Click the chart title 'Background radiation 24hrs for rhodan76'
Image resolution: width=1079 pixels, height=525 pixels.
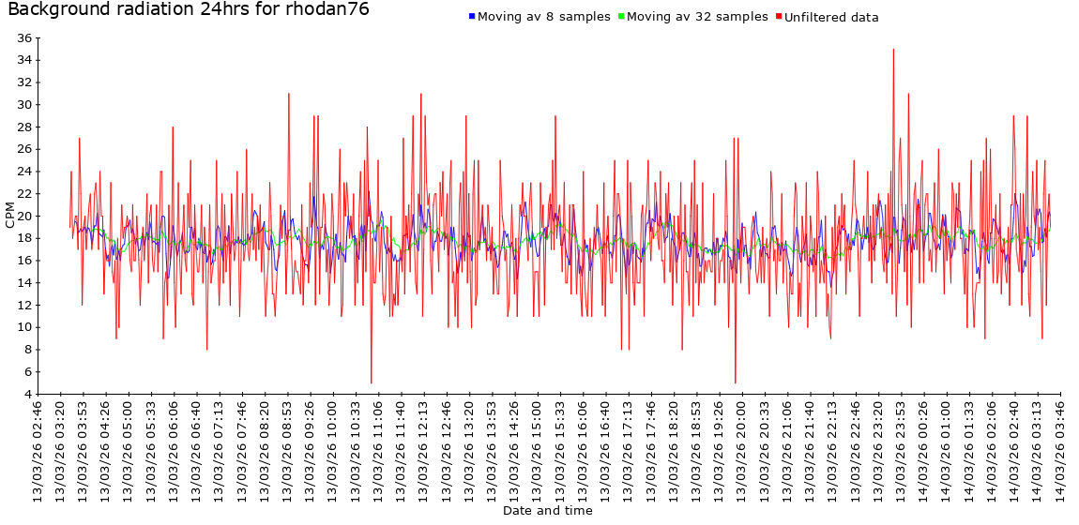[x=188, y=10]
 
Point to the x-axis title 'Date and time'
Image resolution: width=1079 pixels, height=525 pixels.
[x=547, y=511]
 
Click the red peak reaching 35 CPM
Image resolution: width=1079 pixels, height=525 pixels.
[x=893, y=50]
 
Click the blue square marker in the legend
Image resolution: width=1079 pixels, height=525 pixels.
[x=472, y=17]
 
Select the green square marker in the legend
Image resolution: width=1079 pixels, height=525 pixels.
[x=621, y=17]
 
